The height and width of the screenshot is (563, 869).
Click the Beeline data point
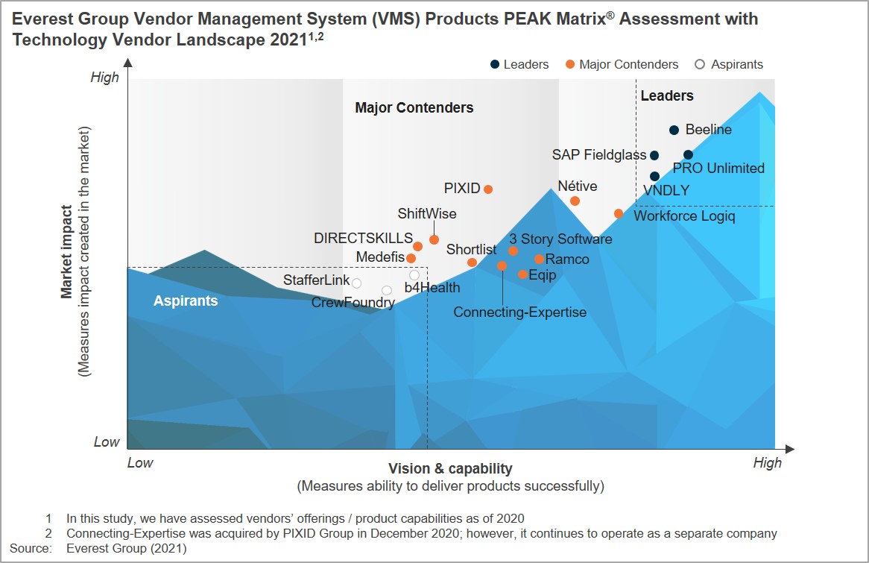[674, 130]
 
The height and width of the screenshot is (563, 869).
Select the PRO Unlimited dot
[688, 154]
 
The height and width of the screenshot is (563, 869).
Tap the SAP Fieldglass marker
[654, 155]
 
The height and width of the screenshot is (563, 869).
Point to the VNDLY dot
[654, 176]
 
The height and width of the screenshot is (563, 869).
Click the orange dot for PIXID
[488, 189]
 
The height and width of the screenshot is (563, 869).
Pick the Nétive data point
[575, 201]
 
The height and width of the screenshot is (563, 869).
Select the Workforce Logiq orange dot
[619, 213]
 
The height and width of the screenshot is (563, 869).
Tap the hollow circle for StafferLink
[356, 283]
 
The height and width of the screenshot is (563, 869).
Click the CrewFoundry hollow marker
[386, 290]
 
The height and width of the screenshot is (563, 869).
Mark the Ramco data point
[539, 259]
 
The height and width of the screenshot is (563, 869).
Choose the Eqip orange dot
[522, 274]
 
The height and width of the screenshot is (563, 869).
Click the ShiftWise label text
[427, 214]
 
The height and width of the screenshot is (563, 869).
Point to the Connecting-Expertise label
[519, 312]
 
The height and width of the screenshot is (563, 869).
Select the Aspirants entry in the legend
[729, 64]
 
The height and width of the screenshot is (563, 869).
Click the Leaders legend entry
[519, 64]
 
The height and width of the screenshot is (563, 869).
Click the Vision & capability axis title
[450, 468]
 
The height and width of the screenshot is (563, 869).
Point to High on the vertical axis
[104, 78]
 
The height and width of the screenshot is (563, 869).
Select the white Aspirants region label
[186, 301]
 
